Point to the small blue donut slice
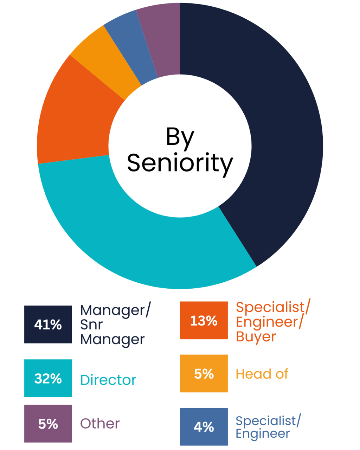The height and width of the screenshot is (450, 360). (132, 46)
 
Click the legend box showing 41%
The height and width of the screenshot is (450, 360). (48, 324)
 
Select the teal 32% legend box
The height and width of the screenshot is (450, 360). (48, 378)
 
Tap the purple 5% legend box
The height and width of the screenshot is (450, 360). (48, 424)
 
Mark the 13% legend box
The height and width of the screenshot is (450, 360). (204, 320)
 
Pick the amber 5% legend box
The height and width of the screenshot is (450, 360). (204, 373)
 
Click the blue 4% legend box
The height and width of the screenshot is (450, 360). (204, 426)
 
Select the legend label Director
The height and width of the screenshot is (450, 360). (108, 380)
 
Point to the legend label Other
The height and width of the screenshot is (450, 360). (100, 424)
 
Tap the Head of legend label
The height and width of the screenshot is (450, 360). (262, 374)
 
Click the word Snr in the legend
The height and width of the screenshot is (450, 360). (91, 325)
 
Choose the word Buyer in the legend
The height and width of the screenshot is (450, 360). (256, 337)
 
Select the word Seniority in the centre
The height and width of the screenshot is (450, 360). (180, 163)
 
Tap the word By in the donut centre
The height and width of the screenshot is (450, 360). (180, 137)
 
